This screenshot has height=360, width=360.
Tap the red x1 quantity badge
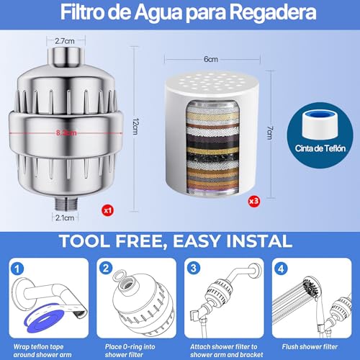click(107, 211)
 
